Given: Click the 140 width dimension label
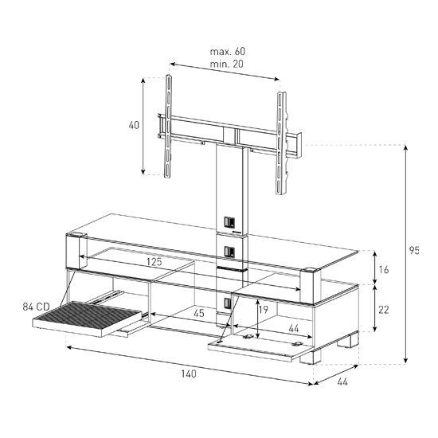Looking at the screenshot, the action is (189, 373).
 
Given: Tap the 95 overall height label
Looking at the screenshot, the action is (414, 251).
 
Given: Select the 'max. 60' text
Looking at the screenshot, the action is (228, 52).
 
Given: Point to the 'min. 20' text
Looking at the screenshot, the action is (226, 64).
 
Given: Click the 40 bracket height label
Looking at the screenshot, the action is (134, 125).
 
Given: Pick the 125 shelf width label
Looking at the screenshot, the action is (154, 262).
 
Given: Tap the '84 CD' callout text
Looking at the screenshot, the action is (37, 307).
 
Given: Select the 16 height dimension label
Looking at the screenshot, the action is (384, 269).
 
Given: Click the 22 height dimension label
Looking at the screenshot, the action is (384, 310).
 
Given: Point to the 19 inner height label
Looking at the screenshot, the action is (263, 309).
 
